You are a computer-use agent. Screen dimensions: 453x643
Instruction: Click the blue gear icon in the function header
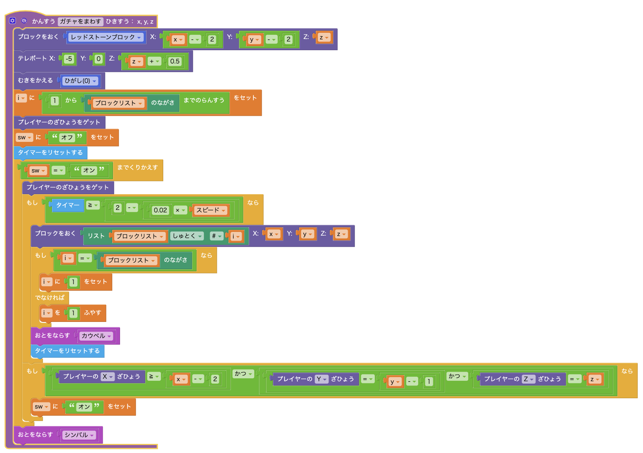pos(12,21)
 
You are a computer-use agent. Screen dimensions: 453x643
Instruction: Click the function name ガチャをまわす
pos(80,21)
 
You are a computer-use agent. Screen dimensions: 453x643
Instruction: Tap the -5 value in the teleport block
pos(69,59)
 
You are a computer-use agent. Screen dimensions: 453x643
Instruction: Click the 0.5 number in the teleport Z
pos(175,61)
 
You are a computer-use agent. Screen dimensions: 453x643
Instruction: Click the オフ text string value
pos(67,137)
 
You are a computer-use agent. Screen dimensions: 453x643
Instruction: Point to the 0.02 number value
pos(160,210)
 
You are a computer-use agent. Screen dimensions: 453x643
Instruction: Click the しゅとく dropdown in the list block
pos(187,236)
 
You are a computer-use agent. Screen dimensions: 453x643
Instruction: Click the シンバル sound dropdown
pos(79,435)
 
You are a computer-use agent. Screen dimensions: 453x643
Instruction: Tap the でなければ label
pos(50,297)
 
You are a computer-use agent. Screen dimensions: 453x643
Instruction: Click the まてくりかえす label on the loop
pos(137,168)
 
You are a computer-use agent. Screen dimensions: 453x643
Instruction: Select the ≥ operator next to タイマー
pos(93,205)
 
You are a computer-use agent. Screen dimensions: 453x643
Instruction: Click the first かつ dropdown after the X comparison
pos(243,374)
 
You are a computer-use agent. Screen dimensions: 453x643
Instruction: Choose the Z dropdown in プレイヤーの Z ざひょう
pos(528,379)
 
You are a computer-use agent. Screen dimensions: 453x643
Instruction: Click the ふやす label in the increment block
pos(93,313)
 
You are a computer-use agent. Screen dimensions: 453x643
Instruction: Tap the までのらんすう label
pos(204,100)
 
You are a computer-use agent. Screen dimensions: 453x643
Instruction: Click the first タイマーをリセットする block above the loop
pos(50,153)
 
